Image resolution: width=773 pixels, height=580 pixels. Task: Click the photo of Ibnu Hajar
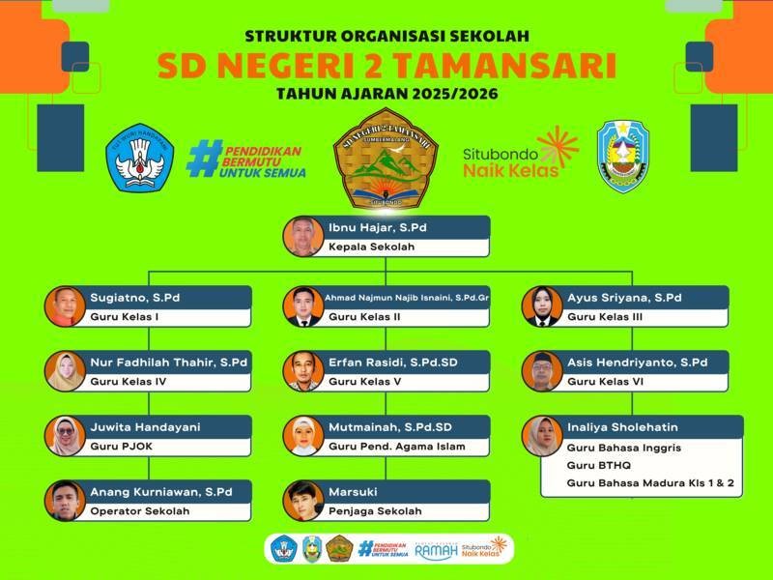click(303, 236)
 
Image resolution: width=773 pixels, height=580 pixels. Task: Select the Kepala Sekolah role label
click(372, 247)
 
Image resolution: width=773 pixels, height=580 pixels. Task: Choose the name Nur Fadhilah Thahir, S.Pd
click(169, 362)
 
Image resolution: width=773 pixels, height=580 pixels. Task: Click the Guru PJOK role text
click(120, 447)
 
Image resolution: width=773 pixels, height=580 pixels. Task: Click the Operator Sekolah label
click(140, 511)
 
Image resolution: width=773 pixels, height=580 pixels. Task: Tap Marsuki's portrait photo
click(303, 501)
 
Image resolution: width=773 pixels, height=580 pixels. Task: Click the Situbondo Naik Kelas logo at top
click(521, 155)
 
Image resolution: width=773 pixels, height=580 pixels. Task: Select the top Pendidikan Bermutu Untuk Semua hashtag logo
click(246, 159)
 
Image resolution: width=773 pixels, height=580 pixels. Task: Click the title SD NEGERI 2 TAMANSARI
click(386, 66)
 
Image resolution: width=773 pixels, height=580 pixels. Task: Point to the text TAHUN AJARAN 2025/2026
click(386, 95)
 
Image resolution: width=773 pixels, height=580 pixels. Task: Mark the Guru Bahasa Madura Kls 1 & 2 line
click(650, 482)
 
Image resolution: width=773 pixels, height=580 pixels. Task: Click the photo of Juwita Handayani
click(65, 436)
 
